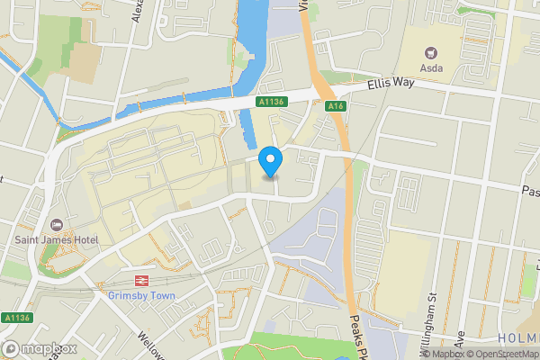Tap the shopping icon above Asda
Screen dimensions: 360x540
[x=430, y=50]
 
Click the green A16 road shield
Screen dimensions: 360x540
[x=337, y=106]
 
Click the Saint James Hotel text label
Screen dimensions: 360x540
[x=57, y=239]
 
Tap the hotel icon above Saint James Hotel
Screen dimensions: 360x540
[x=57, y=224]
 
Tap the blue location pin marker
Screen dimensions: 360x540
[x=270, y=162]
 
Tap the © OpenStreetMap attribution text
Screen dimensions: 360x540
[x=499, y=354]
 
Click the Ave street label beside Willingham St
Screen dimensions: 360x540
[x=459, y=339]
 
